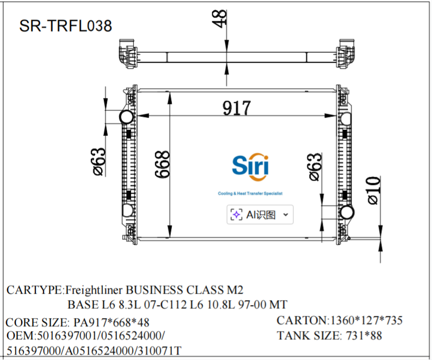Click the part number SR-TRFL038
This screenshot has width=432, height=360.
pos(66,26)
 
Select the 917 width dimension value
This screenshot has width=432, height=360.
pos(236,108)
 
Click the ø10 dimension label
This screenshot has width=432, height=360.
pos(373,190)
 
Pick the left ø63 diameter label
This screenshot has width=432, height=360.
pos(98,162)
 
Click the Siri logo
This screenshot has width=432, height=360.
pos(250,166)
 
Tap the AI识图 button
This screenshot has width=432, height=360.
pos(260,215)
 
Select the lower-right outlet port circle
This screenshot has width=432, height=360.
pos(346,212)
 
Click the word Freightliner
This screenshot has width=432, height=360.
pos(95,289)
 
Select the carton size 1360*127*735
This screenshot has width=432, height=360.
pos(366,320)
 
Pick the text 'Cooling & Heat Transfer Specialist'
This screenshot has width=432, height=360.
pos(250,194)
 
